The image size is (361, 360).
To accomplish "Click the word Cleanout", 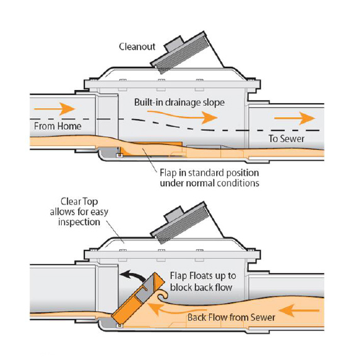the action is (137, 47).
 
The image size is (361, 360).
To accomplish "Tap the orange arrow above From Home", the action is (55, 109).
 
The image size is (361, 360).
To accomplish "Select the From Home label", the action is (57, 126).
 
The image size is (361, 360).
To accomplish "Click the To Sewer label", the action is (287, 138).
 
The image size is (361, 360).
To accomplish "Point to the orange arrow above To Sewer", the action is (295, 118).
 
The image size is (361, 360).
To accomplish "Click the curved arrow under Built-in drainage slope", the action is (182, 116).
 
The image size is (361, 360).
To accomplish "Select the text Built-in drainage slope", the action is (180, 103).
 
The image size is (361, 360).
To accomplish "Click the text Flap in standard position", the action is (209, 172).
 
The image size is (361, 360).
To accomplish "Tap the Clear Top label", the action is (79, 201).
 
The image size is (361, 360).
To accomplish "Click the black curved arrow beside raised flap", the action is (133, 275).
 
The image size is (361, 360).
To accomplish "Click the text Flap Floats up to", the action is (203, 276).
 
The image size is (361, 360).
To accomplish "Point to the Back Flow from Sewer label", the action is (231, 317).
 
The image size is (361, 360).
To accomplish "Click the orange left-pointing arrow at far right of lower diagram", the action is (299, 310).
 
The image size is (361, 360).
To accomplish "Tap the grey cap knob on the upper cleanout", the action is (174, 45).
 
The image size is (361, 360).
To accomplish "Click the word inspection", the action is (79, 222).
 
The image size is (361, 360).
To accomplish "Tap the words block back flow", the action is (201, 288).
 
